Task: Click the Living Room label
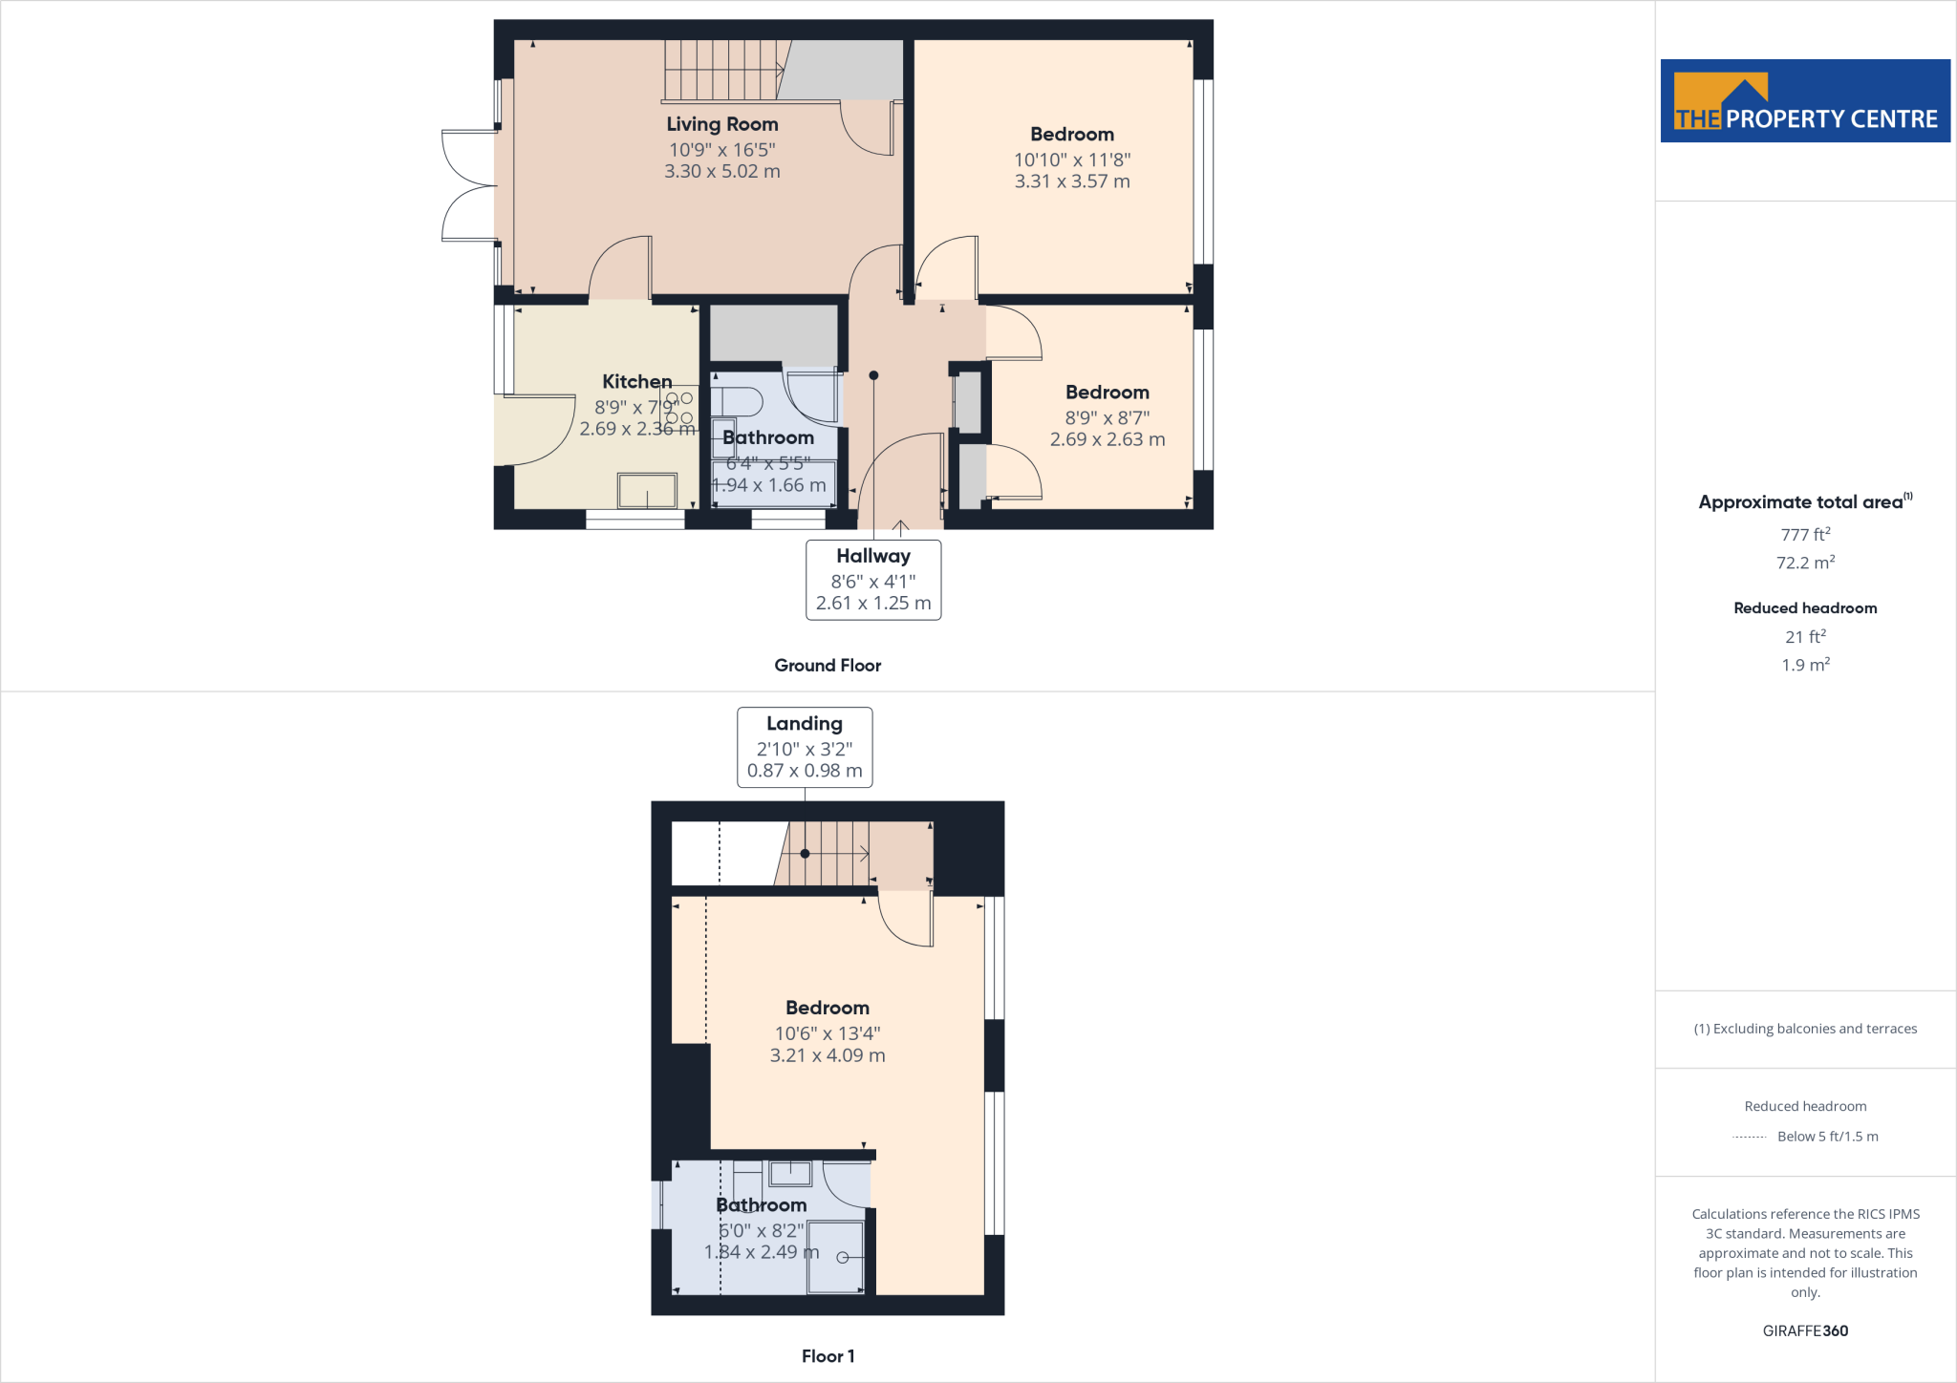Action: click(722, 124)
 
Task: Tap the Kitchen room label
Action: click(636, 382)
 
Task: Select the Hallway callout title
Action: click(873, 556)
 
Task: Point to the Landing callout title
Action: click(805, 724)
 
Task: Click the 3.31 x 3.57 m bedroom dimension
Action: click(1072, 181)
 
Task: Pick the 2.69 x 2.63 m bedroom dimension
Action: click(1108, 439)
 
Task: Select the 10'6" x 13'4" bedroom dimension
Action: click(828, 1033)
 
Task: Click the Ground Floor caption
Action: click(828, 666)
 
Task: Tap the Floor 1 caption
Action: click(828, 1356)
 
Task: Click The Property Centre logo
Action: click(1805, 101)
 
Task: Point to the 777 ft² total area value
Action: click(1805, 535)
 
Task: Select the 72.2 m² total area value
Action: click(1805, 563)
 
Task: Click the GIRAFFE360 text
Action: click(1805, 1330)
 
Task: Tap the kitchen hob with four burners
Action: click(679, 408)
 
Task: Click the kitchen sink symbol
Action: click(647, 491)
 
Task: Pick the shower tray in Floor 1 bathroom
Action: click(836, 1257)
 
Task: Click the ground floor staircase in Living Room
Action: click(722, 70)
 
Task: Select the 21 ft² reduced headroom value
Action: click(1805, 637)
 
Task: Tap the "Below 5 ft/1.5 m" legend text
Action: click(1827, 1137)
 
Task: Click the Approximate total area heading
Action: click(1801, 502)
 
